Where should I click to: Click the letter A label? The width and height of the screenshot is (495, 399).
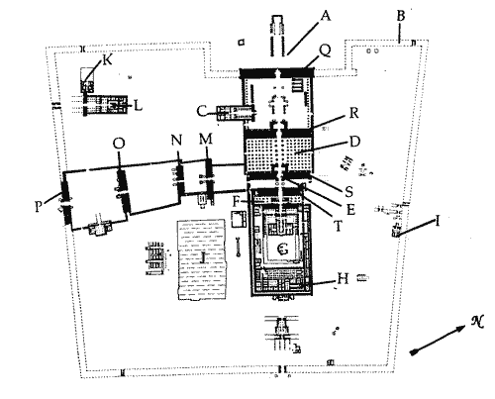tap(326, 16)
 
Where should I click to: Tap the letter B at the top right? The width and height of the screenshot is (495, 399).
tap(401, 16)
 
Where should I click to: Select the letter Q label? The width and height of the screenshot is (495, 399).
tap(325, 51)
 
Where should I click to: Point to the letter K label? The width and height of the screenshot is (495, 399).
tap(108, 60)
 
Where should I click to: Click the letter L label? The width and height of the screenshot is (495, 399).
tap(138, 106)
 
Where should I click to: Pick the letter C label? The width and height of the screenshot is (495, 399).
tap(202, 111)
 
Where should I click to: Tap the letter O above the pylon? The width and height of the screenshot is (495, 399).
tap(119, 144)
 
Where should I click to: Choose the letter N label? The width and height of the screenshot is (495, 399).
tap(177, 141)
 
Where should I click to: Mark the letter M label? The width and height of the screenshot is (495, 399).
tap(206, 140)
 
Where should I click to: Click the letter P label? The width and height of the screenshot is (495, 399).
tap(39, 207)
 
